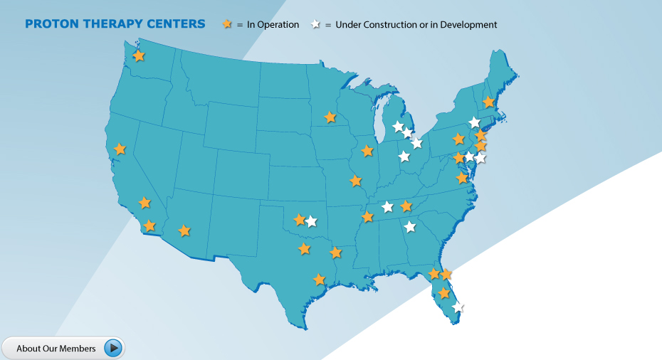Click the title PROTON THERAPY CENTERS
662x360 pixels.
(x=115, y=24)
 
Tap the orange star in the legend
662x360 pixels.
(x=227, y=24)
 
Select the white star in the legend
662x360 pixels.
(x=315, y=24)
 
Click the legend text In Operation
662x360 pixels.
(x=273, y=25)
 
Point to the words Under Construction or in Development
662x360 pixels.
(x=416, y=25)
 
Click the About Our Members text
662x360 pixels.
(x=56, y=348)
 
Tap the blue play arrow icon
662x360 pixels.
(x=113, y=348)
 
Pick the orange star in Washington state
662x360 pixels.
(x=139, y=55)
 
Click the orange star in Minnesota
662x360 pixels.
(x=330, y=117)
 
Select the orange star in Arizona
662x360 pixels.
(x=184, y=231)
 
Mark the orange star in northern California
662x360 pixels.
(x=120, y=149)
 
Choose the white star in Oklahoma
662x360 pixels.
(x=311, y=221)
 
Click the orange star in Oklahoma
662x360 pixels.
(x=300, y=219)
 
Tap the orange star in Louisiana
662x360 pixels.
(x=335, y=253)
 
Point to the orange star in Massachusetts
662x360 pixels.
(x=488, y=102)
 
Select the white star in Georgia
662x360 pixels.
(x=410, y=227)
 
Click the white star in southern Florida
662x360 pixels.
(x=457, y=307)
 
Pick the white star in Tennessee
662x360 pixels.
(x=387, y=207)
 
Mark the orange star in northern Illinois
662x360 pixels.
(x=367, y=151)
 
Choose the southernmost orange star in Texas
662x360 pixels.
(x=319, y=280)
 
